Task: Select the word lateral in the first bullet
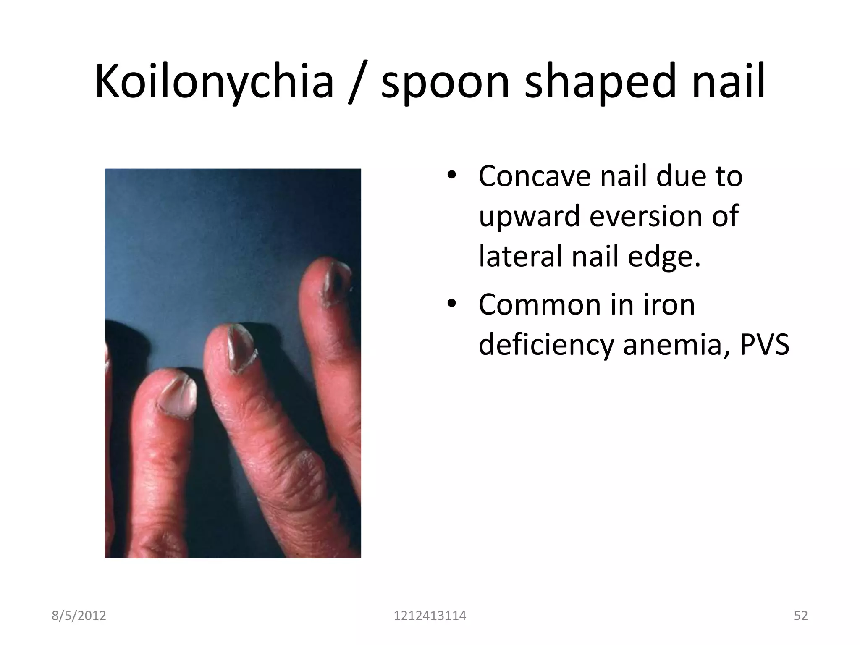coord(521,256)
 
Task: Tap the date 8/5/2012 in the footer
coord(79,616)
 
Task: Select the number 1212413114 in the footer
coord(430,616)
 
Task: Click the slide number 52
coord(800,616)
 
